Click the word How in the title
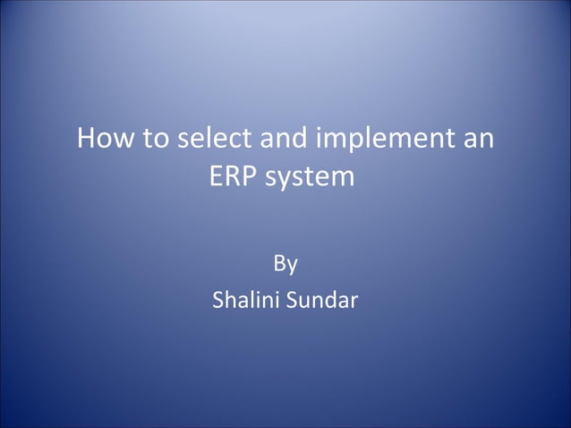(102, 141)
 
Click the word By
(285, 265)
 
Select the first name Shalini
(244, 300)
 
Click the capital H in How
(87, 141)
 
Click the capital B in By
(278, 264)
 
